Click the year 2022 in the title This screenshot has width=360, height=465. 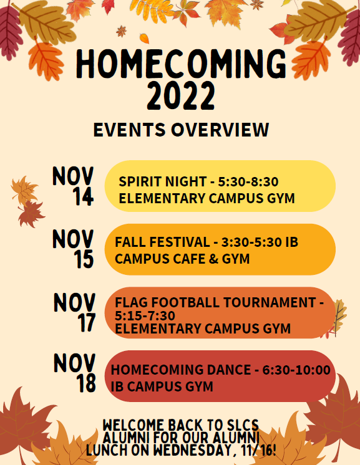click(181, 96)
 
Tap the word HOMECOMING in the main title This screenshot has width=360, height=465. click(182, 64)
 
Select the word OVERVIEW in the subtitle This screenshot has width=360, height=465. click(220, 130)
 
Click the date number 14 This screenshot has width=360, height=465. click(83, 196)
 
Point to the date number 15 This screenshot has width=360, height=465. click(84, 259)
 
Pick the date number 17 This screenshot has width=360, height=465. click(86, 322)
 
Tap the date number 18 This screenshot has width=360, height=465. click(86, 383)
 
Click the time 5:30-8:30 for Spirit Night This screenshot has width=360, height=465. click(248, 181)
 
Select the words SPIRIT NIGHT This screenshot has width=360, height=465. click(163, 181)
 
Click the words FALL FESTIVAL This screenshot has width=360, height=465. click(162, 242)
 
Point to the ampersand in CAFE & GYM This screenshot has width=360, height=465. click(213, 259)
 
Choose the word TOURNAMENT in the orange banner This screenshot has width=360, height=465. click(270, 302)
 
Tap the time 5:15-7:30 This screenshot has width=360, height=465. click(145, 315)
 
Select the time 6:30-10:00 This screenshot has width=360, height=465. click(296, 370)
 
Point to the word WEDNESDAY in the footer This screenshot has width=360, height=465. click(193, 451)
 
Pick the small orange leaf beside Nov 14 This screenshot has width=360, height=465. click(24, 190)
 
